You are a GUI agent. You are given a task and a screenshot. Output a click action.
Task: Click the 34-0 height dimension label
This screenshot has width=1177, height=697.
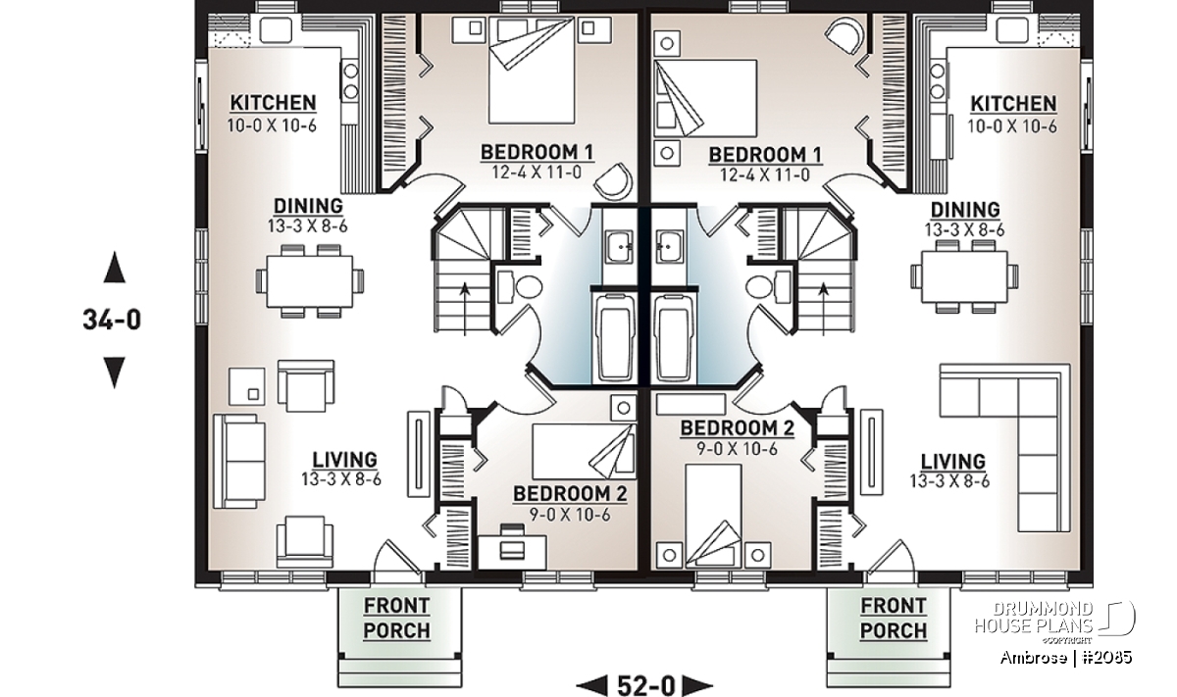point(115,320)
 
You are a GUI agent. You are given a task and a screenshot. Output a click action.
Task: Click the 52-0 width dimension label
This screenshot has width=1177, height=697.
point(644,683)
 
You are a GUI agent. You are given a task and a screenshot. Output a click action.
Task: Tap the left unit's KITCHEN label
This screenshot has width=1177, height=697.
point(274,103)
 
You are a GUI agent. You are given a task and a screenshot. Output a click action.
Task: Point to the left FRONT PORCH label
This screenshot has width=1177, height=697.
point(396,618)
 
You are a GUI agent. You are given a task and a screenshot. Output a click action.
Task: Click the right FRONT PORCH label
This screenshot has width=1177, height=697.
point(893,618)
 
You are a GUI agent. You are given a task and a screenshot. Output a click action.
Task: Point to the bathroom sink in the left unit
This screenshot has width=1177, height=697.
point(617,246)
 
